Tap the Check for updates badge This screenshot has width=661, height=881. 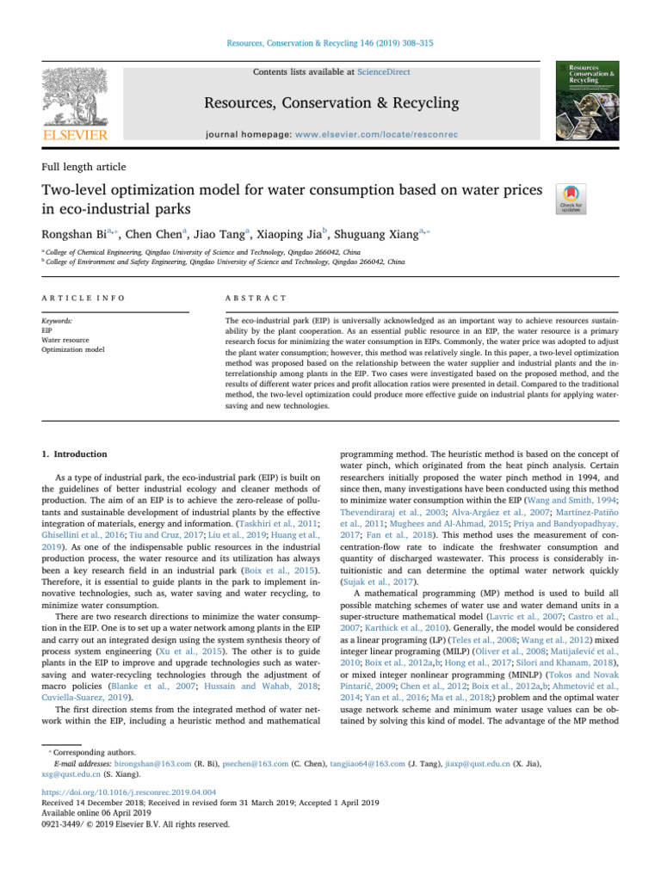[572, 197]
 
